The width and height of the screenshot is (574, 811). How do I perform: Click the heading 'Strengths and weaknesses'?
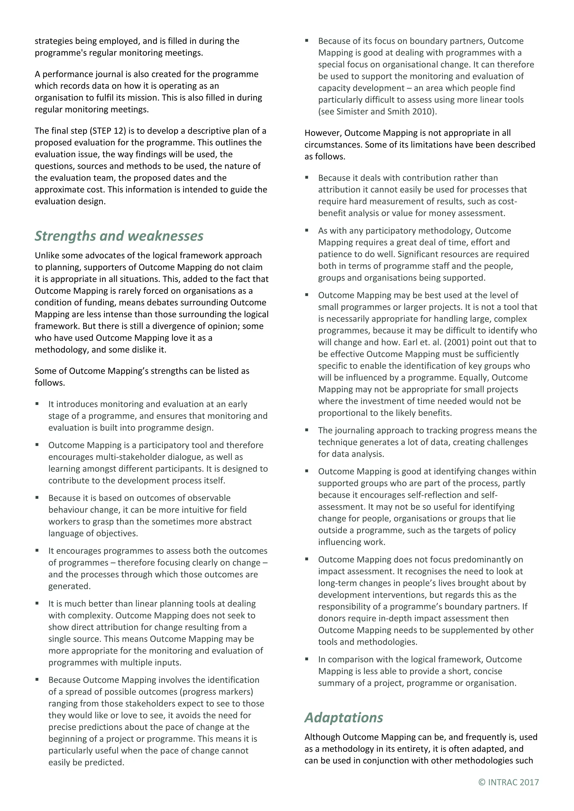click(119, 236)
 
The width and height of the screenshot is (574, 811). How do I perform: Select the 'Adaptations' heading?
click(344, 717)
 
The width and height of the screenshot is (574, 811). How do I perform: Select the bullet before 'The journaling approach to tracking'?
click(307, 430)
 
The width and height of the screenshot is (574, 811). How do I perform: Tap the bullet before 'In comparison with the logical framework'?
click(307, 659)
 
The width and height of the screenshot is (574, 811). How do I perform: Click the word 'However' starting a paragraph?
click(322, 133)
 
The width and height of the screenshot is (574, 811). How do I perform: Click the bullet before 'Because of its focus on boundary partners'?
click(307, 41)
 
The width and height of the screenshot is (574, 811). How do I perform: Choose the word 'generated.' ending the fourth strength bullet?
click(70, 586)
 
